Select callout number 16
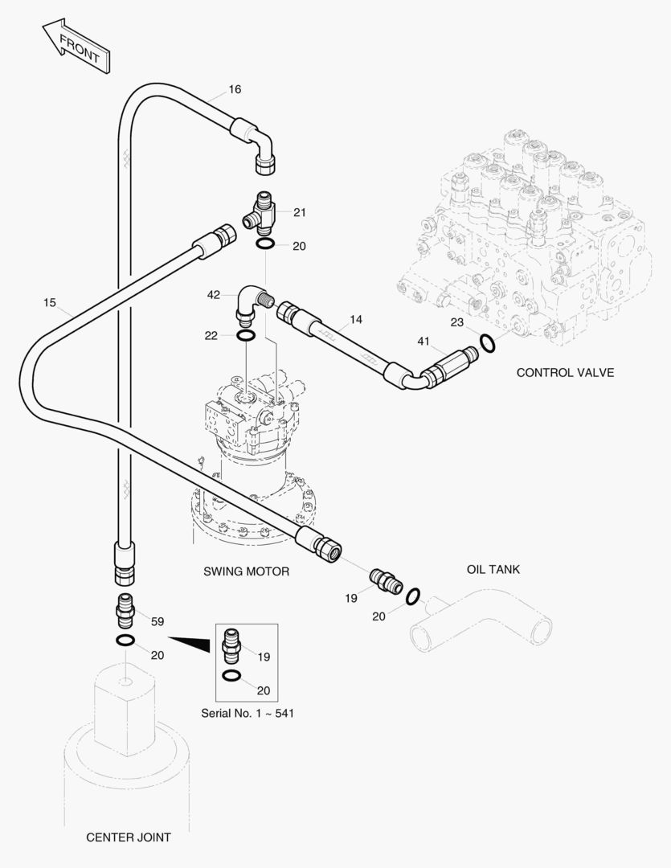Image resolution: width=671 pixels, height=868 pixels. [235, 89]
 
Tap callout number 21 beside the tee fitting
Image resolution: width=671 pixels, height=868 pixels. [300, 212]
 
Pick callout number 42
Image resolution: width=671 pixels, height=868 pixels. [213, 295]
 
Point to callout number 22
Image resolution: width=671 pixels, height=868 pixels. [211, 335]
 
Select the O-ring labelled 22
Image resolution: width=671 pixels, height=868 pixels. [247, 335]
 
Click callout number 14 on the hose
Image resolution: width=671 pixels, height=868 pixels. [356, 319]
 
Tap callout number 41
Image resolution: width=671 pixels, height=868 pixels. [423, 341]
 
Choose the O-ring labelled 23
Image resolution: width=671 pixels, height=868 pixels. [487, 343]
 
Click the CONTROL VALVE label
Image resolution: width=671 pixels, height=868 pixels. [565, 372]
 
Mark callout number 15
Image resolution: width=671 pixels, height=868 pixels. [50, 302]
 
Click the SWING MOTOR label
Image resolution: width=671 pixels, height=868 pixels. [246, 571]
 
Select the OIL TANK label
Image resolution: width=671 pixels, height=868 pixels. [493, 569]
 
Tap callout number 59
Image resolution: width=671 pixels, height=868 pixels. [158, 621]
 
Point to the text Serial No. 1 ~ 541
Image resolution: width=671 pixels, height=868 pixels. [246, 712]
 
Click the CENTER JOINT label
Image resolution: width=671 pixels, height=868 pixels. [129, 837]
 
